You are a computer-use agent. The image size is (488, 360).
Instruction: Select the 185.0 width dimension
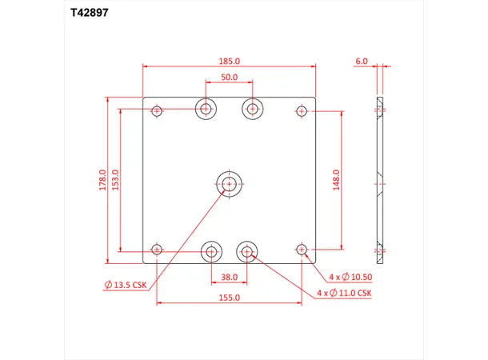click(x=230, y=60)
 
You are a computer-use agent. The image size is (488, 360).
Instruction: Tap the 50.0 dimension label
click(x=230, y=77)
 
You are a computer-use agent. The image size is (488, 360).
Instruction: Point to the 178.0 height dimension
click(x=102, y=180)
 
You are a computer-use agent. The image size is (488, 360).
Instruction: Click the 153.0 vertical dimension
click(x=115, y=180)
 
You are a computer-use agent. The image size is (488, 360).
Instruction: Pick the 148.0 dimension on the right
click(x=337, y=180)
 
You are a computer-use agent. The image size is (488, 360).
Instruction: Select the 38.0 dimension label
click(x=230, y=278)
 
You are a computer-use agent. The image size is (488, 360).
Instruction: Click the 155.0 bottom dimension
click(x=230, y=298)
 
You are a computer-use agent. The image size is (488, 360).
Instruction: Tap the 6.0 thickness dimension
click(x=361, y=60)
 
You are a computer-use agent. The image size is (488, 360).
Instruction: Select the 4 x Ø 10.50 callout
click(x=350, y=277)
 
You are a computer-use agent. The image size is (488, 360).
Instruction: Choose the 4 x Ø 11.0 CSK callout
click(x=346, y=293)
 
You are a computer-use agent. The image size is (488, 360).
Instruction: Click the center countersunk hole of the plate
click(x=230, y=183)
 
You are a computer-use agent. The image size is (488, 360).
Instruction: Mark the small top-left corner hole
click(x=157, y=110)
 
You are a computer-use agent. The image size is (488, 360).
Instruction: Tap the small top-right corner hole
click(x=302, y=110)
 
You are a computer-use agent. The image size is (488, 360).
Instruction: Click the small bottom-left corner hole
click(x=157, y=250)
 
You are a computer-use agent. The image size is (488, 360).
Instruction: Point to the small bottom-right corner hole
click(x=302, y=250)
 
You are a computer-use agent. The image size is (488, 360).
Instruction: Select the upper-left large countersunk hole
click(x=207, y=108)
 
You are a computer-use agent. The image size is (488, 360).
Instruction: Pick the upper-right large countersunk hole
click(x=254, y=108)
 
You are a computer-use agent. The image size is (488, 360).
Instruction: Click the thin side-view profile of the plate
click(x=379, y=180)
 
